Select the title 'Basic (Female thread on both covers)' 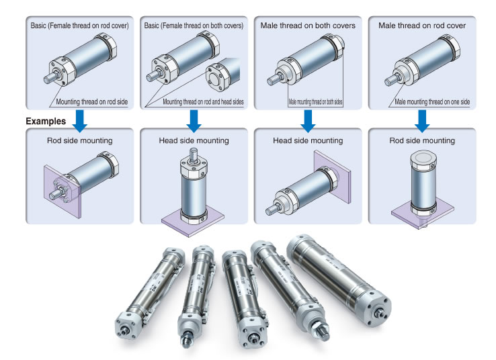194,26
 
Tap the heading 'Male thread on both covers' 308,26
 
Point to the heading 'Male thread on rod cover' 422,26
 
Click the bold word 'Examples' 46,122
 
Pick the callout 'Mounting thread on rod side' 97,102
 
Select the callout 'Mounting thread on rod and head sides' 202,102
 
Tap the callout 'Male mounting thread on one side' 433,102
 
